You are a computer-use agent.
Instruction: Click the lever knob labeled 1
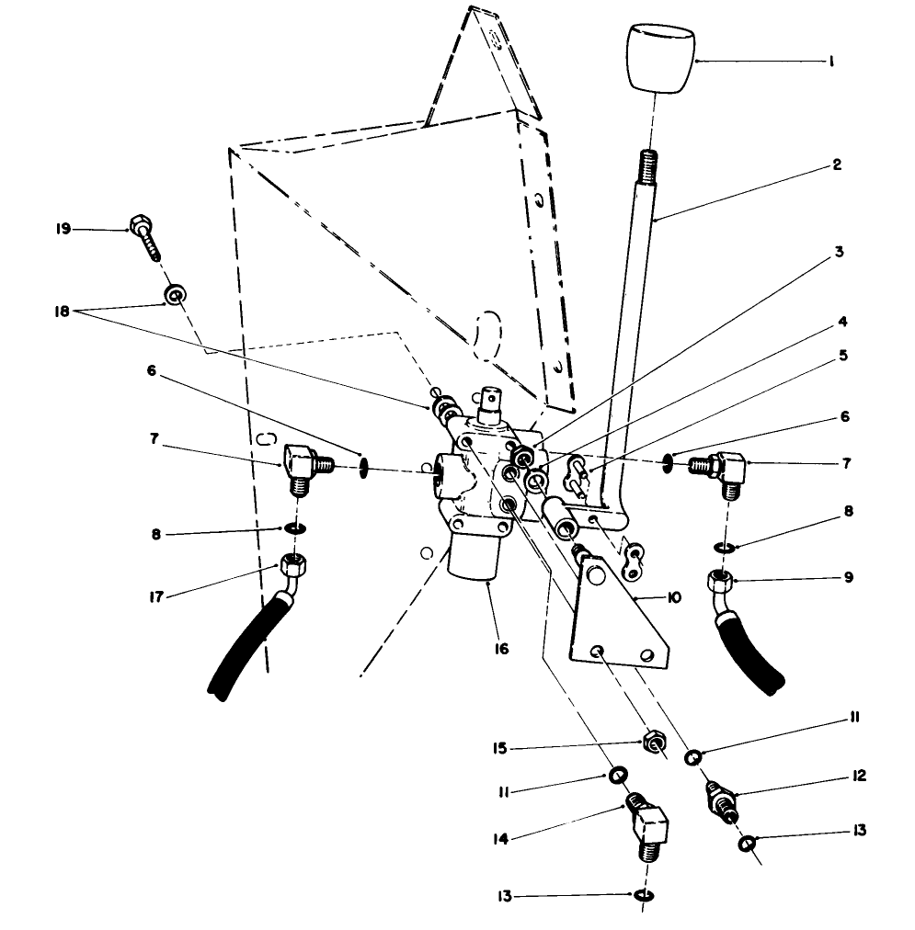659,60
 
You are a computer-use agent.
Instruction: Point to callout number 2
837,165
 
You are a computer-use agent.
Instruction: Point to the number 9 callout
848,577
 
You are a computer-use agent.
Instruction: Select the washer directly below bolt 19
172,294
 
